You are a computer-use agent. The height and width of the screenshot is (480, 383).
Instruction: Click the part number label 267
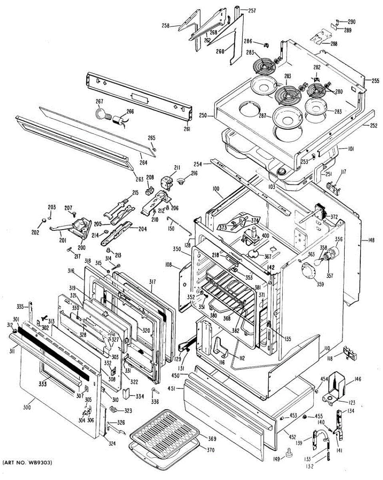[100, 102]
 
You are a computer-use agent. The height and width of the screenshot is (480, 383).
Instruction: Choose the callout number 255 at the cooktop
[375, 80]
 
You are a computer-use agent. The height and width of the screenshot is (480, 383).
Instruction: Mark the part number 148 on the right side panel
[371, 240]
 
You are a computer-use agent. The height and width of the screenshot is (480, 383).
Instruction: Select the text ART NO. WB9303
[27, 463]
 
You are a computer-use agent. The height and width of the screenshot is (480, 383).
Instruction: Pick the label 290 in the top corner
[351, 22]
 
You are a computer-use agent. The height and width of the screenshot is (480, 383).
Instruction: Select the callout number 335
[20, 307]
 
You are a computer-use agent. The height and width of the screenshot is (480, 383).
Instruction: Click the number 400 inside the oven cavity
[265, 236]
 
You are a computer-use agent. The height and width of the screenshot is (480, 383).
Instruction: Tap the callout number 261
[187, 129]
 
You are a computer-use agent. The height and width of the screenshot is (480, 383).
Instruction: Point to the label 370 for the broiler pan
[210, 450]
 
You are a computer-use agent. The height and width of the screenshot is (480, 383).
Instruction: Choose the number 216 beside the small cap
[194, 173]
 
